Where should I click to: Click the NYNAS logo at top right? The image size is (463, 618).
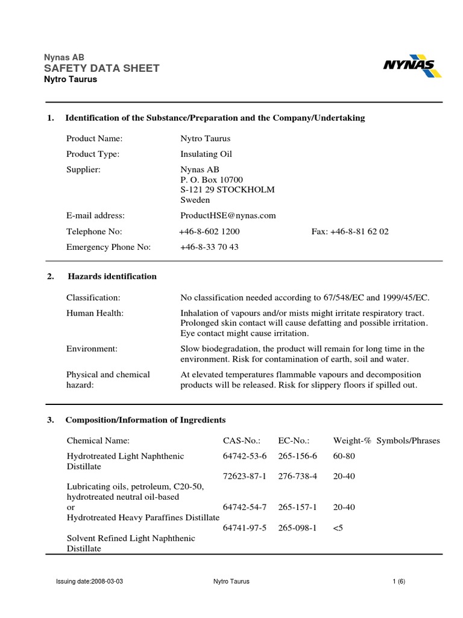(x=412, y=67)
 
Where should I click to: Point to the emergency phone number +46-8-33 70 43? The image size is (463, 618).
(x=209, y=247)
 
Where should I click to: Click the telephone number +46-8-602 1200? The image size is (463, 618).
(x=209, y=232)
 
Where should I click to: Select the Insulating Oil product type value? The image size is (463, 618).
(x=202, y=154)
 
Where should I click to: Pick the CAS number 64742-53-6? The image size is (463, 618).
(x=245, y=456)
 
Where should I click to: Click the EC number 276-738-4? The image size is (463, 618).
(x=298, y=476)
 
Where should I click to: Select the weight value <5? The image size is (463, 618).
(x=338, y=527)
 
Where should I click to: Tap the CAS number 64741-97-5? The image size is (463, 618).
(x=245, y=527)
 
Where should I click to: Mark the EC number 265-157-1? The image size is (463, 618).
(x=298, y=508)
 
